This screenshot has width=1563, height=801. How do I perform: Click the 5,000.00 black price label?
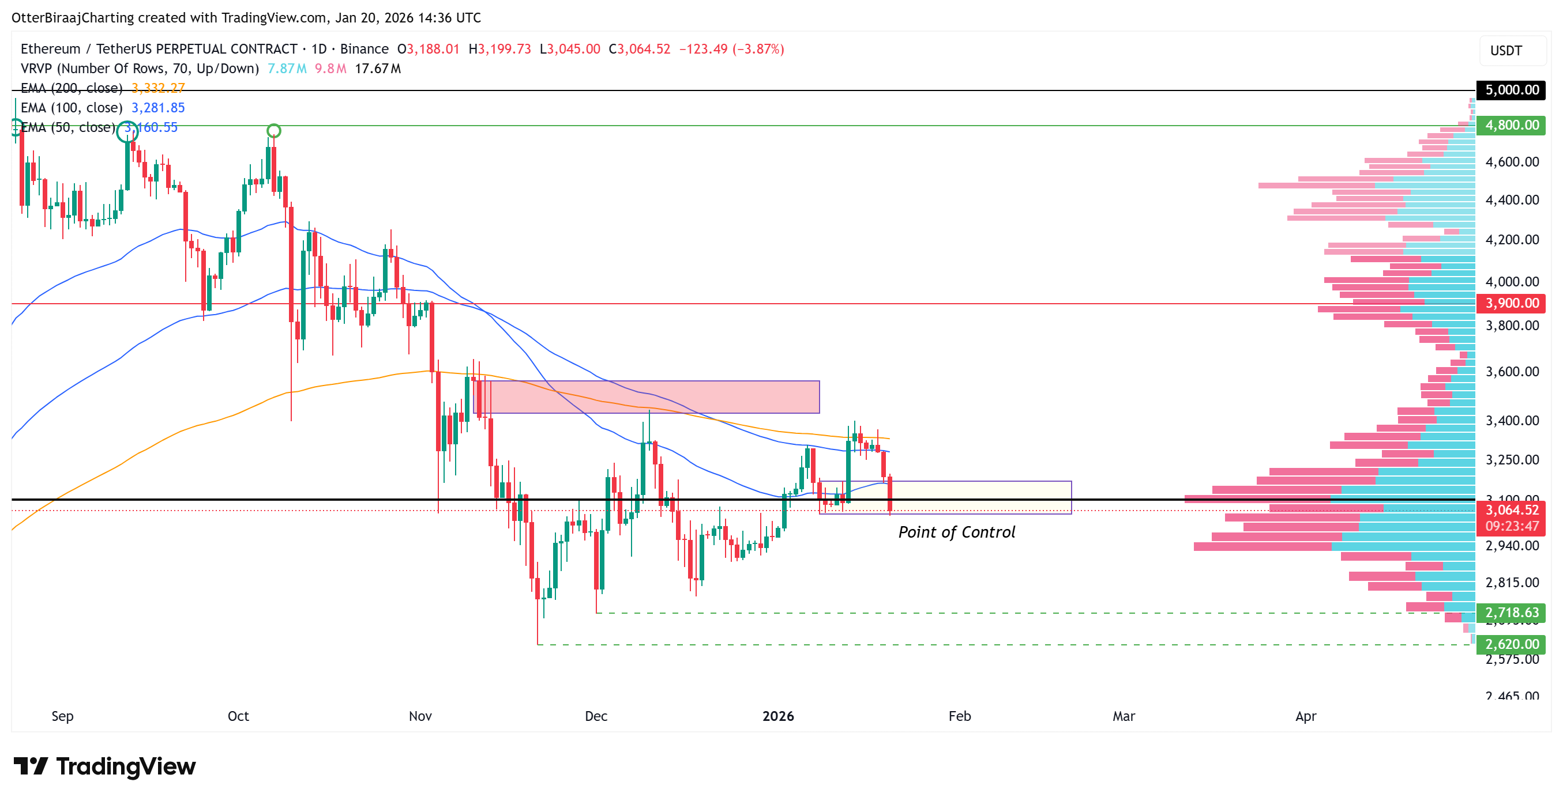[x=1511, y=90]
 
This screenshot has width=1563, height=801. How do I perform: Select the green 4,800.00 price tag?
[x=1511, y=125]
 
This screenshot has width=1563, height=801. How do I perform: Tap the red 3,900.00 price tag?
[x=1511, y=303]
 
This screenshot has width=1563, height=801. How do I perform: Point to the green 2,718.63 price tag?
[x=1511, y=613]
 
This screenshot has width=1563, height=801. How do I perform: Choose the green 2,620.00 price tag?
[x=1511, y=644]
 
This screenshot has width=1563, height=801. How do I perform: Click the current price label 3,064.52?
[x=1511, y=510]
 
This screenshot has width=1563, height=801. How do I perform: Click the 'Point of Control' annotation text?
[x=956, y=532]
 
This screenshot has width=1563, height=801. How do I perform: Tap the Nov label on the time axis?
[x=420, y=716]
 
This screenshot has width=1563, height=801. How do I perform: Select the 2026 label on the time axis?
[x=778, y=716]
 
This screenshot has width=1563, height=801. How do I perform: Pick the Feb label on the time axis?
[x=959, y=716]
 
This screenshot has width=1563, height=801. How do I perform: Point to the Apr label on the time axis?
[x=1306, y=716]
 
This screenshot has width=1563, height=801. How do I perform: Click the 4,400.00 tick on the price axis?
[x=1512, y=199]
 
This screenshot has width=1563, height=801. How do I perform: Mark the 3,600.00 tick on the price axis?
[x=1512, y=371]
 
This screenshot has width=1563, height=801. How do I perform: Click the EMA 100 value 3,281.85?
[x=158, y=107]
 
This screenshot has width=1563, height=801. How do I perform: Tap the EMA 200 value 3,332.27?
[x=158, y=88]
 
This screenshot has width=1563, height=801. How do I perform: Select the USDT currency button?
[x=1506, y=50]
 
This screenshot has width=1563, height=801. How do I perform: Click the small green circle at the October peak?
[x=273, y=130]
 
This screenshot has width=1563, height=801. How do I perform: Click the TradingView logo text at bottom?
[x=126, y=766]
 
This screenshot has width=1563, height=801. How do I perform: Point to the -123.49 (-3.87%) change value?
[x=731, y=48]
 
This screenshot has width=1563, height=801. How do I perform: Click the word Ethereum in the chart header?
[x=50, y=48]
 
